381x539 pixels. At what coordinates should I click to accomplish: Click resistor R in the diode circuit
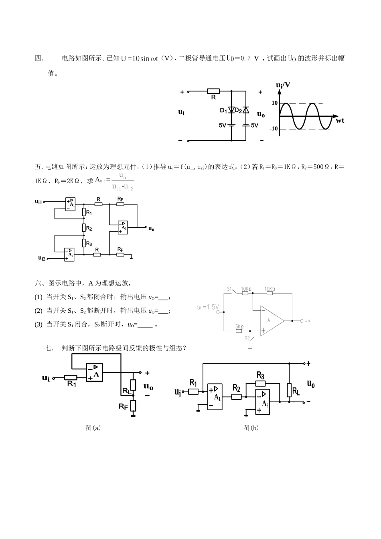(x=213, y=92)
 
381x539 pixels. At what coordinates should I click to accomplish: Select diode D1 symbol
(x=231, y=110)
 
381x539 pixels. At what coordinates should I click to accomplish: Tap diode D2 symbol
(x=246, y=110)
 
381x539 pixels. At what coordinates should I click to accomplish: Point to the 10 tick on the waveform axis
(x=274, y=103)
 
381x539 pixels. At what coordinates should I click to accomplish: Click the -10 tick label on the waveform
(x=274, y=129)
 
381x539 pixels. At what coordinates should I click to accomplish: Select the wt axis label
(x=340, y=120)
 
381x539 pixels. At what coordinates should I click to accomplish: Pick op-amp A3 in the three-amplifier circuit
(x=122, y=227)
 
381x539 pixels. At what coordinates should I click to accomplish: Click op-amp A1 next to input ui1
(x=71, y=204)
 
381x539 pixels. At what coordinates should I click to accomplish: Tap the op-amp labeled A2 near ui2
(x=69, y=254)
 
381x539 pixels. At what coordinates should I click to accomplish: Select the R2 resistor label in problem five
(x=89, y=229)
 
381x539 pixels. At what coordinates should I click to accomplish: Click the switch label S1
(x=230, y=288)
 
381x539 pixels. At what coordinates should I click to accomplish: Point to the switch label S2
(x=247, y=338)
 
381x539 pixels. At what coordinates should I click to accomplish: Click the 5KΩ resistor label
(x=239, y=326)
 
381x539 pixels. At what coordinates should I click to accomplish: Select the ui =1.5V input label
(x=208, y=307)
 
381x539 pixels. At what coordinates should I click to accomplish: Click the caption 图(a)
(x=93, y=428)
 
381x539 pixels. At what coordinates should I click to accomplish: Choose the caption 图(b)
(x=251, y=428)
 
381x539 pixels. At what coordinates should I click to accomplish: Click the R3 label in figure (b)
(x=260, y=376)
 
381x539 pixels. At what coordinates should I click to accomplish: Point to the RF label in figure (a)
(x=123, y=407)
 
